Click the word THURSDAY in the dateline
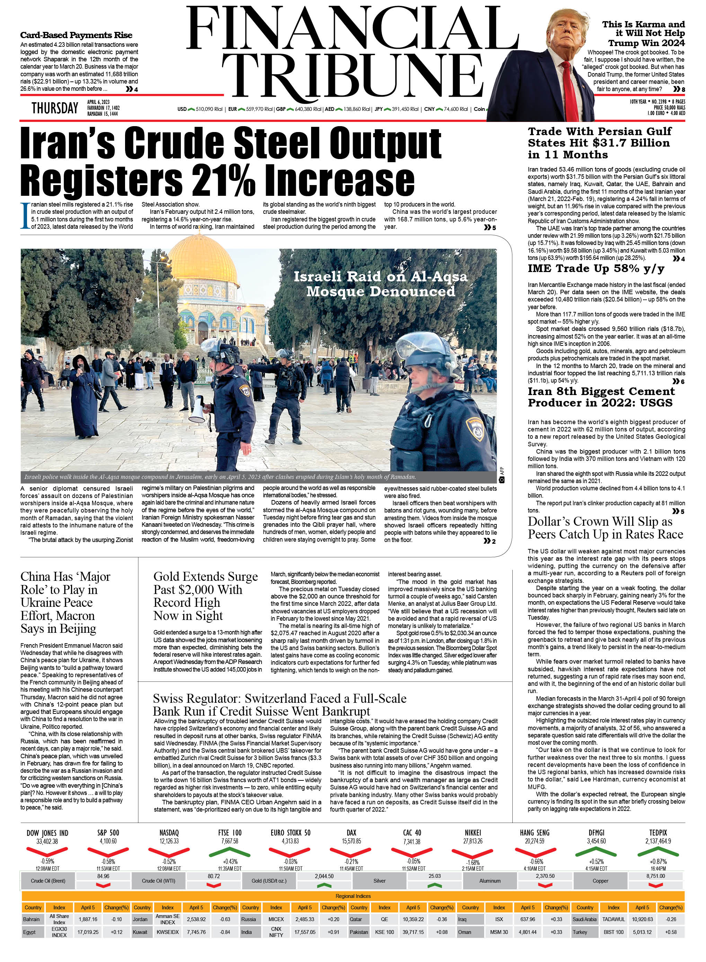click(x=55, y=108)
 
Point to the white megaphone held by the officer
click(x=198, y=410)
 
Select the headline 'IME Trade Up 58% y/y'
click(x=596, y=269)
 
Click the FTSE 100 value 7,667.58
click(x=230, y=841)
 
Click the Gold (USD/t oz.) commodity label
click(x=269, y=881)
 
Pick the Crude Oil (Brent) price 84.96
click(x=104, y=876)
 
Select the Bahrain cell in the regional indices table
click(x=32, y=919)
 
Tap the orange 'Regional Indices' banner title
click(x=353, y=896)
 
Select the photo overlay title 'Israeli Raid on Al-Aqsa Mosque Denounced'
click(x=380, y=284)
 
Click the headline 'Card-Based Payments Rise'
click(x=77, y=35)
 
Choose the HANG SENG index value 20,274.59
click(x=535, y=841)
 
